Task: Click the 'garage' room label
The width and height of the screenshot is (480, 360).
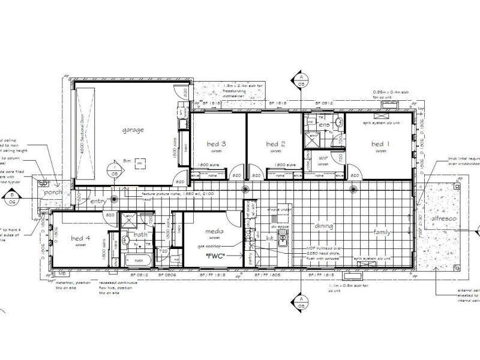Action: [133, 130]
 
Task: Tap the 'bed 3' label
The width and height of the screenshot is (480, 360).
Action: [216, 144]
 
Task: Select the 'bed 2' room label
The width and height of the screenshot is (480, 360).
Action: [274, 144]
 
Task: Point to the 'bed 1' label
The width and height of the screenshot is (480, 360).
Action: [379, 144]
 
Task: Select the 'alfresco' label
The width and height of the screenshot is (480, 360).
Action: [445, 220]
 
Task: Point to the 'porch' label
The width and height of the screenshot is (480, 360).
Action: [52, 193]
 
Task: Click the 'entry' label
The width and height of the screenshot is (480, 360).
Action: [98, 202]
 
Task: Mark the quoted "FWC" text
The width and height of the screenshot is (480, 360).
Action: [214, 256]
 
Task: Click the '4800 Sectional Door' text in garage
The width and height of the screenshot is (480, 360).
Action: [80, 134]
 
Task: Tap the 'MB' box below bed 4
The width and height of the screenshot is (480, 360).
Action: [62, 273]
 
